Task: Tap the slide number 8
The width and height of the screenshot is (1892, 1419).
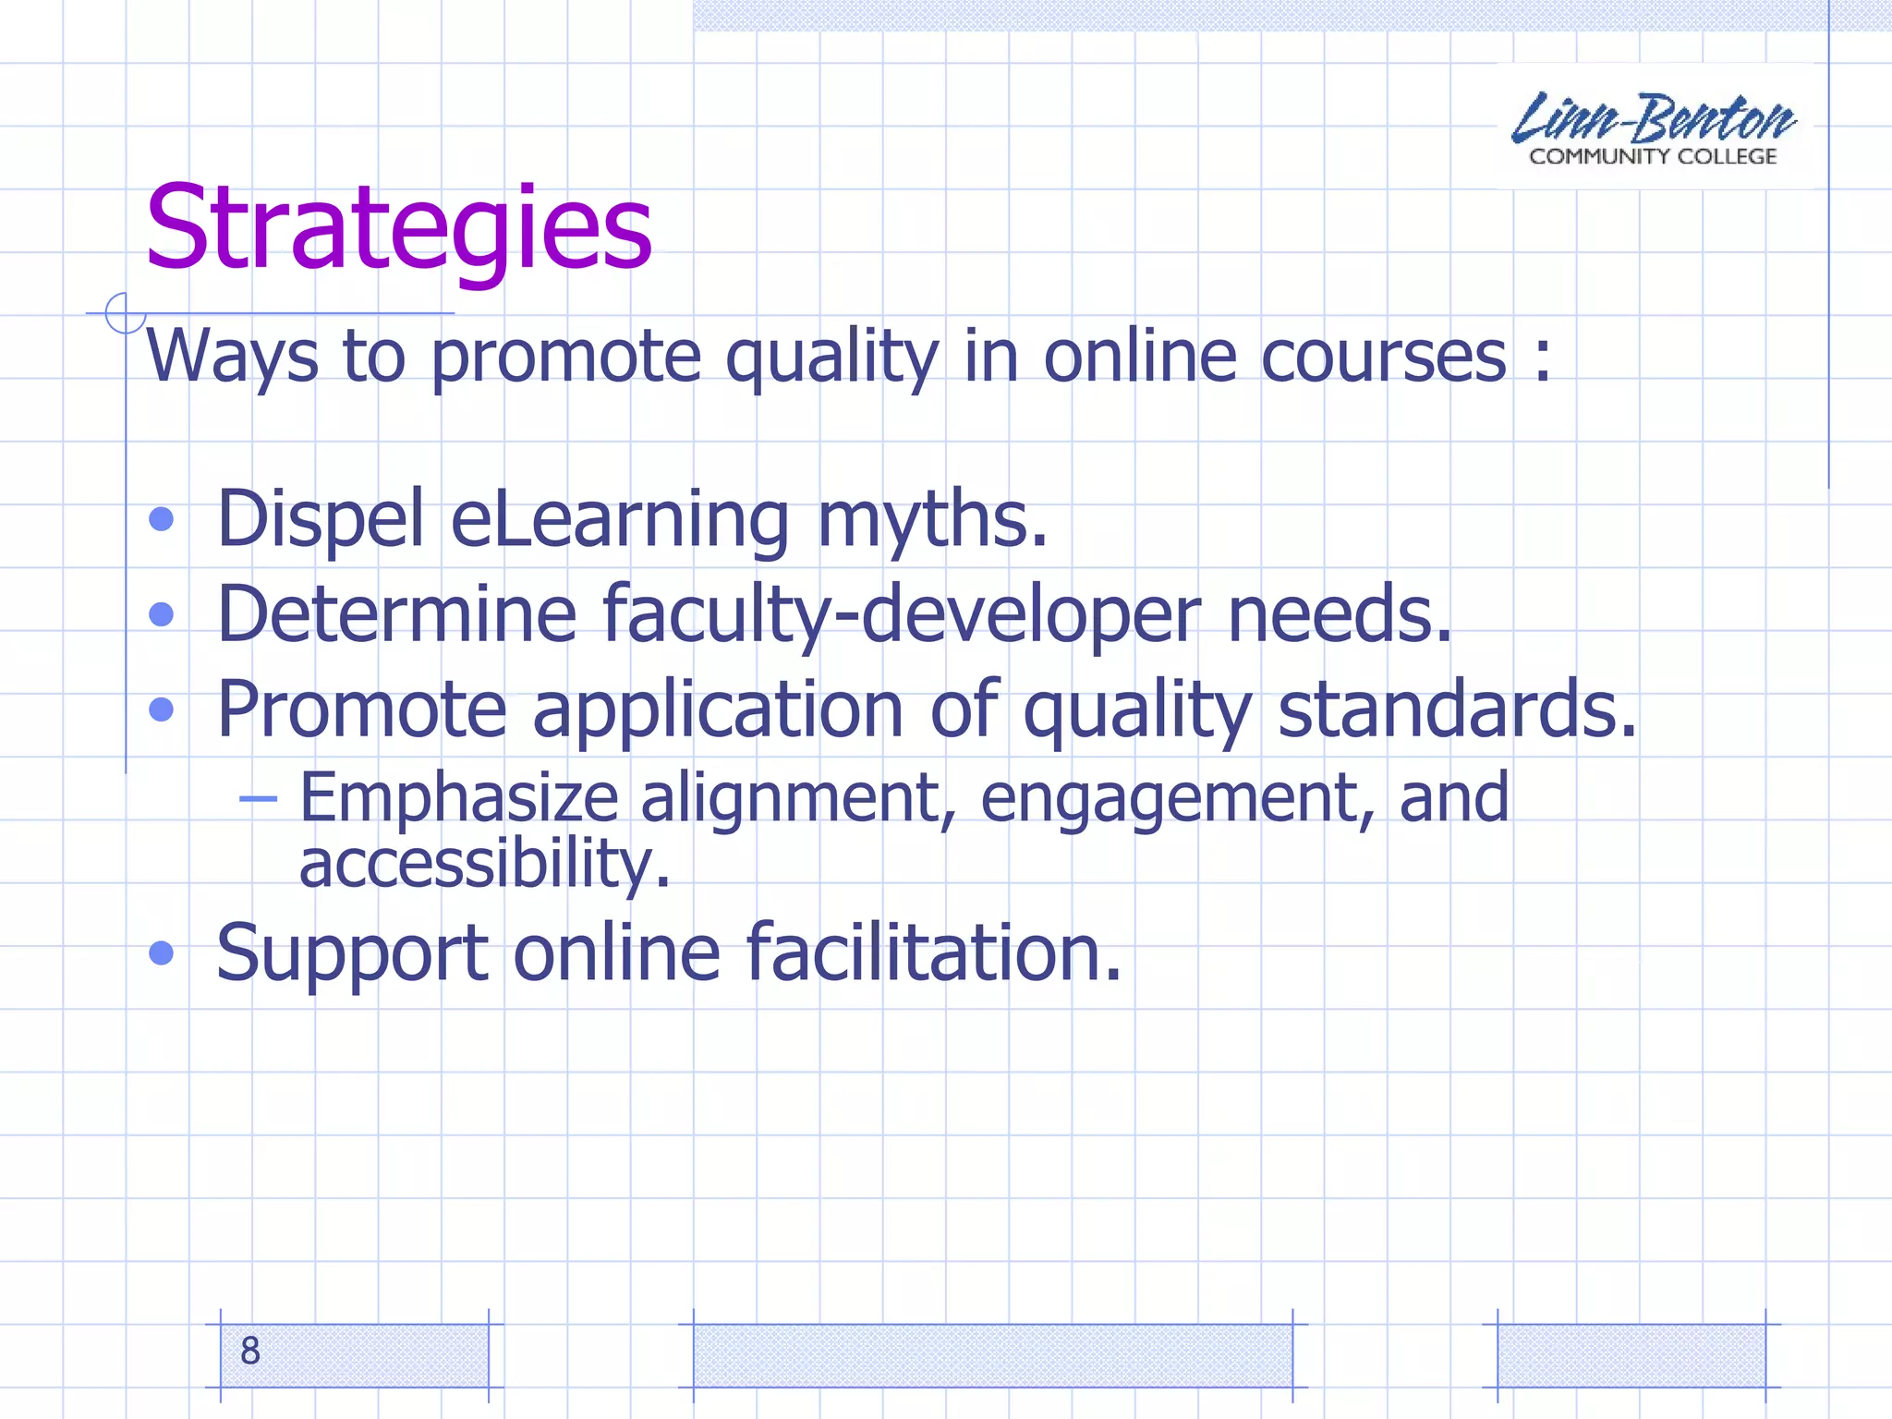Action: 250,1351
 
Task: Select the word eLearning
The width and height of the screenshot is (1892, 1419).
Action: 620,520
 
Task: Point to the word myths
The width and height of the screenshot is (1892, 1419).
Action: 932,518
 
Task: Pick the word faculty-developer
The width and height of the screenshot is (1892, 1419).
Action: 902,615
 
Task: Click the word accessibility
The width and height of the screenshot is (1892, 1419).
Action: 485,864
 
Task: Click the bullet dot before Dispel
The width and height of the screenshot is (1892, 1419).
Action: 162,519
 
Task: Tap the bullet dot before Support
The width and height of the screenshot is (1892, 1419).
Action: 162,952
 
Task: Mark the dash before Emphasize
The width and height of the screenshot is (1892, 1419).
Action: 258,798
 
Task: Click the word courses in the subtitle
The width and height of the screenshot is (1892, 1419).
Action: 1383,357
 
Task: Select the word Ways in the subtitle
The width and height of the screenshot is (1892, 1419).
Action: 232,357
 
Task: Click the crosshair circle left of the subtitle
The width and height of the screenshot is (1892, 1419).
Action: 125,313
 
